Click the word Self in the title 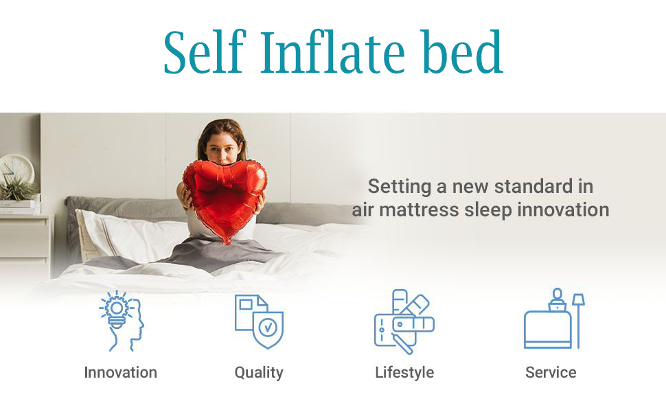tap(205, 51)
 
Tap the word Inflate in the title tap(332, 51)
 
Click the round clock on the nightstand tap(16, 169)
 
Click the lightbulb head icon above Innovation tap(122, 321)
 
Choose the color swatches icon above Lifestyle tap(404, 321)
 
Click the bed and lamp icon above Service tap(554, 319)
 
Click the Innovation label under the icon tap(121, 372)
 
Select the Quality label tap(259, 373)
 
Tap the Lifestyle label tap(404, 373)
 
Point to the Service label tap(551, 372)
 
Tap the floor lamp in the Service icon tap(579, 321)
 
